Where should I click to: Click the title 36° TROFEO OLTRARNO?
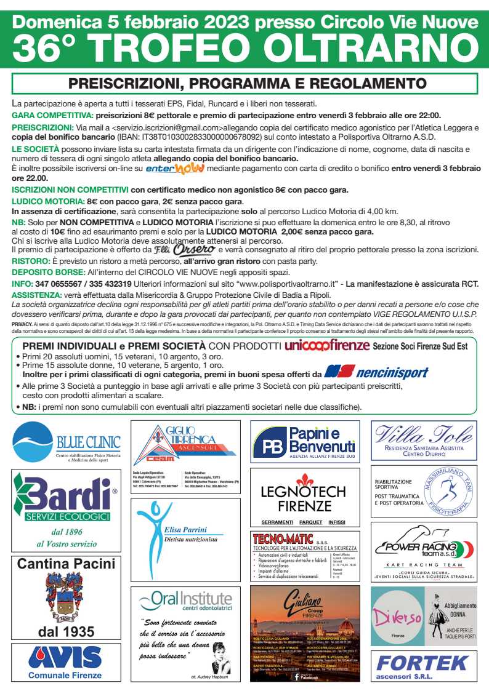[244, 48]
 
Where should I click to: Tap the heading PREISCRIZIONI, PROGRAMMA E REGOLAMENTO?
[248, 83]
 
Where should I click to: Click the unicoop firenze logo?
[326, 346]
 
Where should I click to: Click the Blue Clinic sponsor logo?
[67, 442]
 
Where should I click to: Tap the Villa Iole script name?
[424, 436]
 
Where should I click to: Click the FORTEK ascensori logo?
[423, 666]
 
